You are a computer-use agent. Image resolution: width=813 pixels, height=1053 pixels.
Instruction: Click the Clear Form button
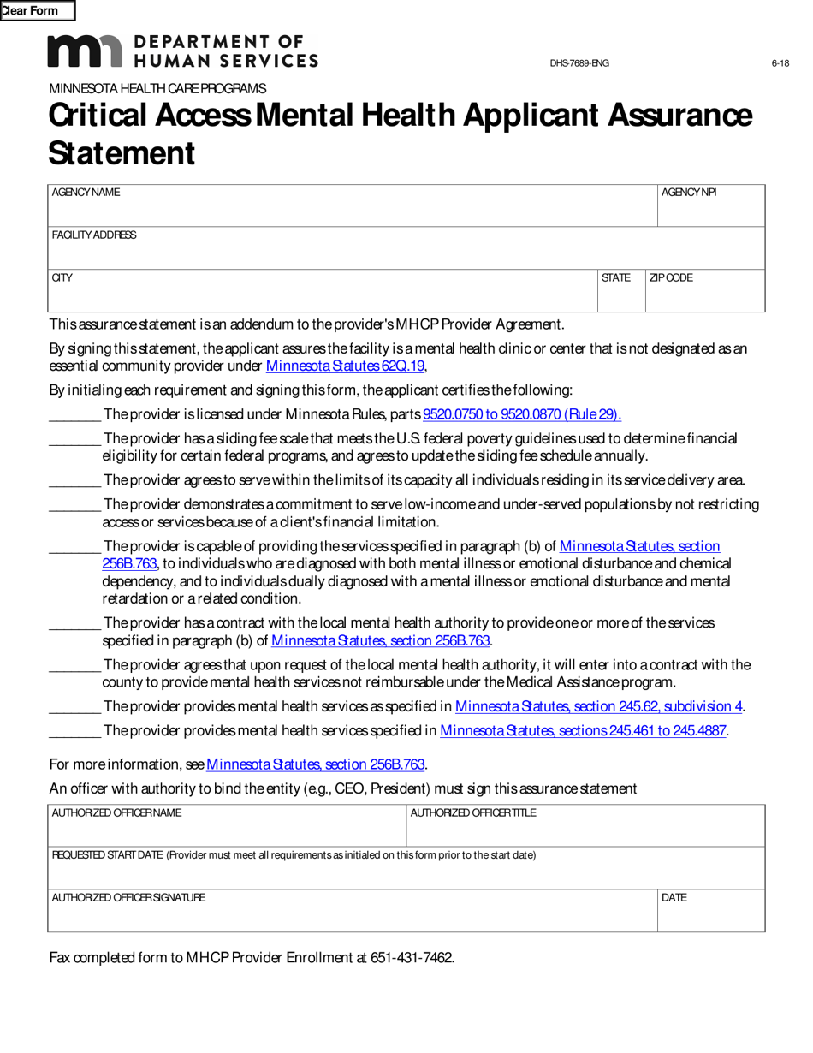point(38,11)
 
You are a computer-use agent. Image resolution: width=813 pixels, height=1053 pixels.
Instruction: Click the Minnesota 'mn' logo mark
point(85,51)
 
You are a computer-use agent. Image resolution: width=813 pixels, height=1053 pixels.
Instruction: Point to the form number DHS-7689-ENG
point(579,63)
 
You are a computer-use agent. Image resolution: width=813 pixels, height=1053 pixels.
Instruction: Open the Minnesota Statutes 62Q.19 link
point(345,366)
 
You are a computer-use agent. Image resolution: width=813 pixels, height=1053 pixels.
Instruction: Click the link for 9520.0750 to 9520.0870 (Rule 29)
point(522,414)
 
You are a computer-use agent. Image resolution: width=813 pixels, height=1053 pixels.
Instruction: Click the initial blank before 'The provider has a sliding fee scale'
point(75,439)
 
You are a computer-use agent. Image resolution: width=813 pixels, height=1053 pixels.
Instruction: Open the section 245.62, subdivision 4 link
point(598,706)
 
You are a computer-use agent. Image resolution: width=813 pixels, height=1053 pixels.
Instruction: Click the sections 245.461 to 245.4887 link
point(583,730)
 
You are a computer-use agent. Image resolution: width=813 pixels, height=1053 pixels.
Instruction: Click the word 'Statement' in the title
point(122,153)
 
